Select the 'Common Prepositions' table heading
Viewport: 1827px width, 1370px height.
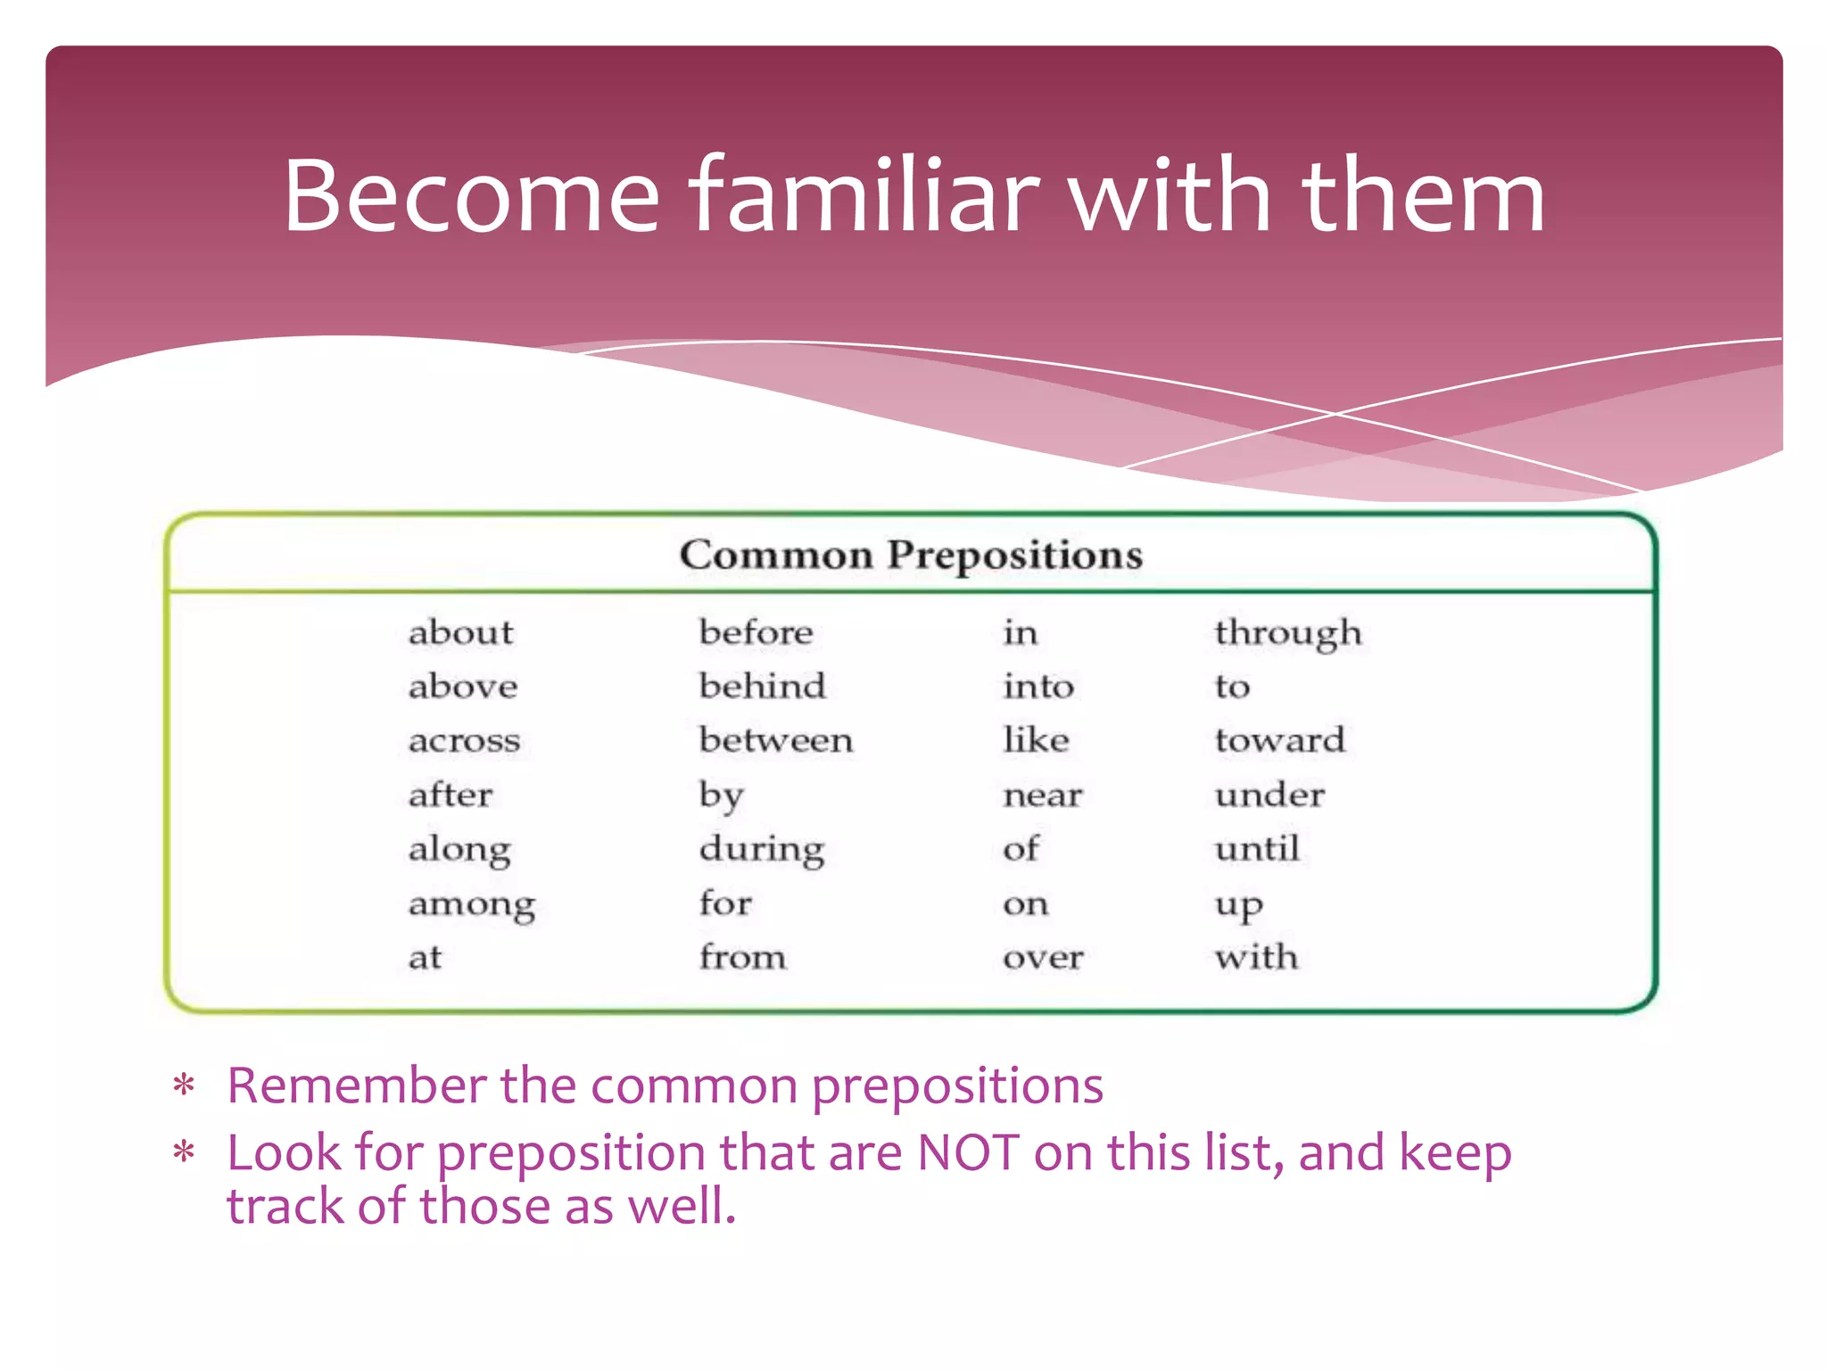coord(911,555)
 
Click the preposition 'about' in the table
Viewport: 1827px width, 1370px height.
coord(460,632)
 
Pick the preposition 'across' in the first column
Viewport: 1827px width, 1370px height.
coord(464,741)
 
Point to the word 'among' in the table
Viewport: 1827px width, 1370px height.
coord(472,904)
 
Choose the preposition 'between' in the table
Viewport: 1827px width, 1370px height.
coord(775,740)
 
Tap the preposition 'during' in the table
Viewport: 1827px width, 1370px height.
coord(761,849)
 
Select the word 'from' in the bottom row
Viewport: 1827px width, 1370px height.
coord(742,957)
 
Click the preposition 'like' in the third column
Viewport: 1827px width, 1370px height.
coord(1036,740)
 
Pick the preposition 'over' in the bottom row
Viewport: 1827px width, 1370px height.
coord(1043,958)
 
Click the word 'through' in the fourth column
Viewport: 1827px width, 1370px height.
coord(1287,633)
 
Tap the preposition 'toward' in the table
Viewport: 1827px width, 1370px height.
coord(1279,740)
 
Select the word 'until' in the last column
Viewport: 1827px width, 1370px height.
coord(1256,848)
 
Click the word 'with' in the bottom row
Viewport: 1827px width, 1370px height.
coord(1256,957)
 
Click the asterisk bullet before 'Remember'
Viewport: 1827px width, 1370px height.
coord(184,1086)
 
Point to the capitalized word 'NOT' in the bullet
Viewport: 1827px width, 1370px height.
coord(968,1152)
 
